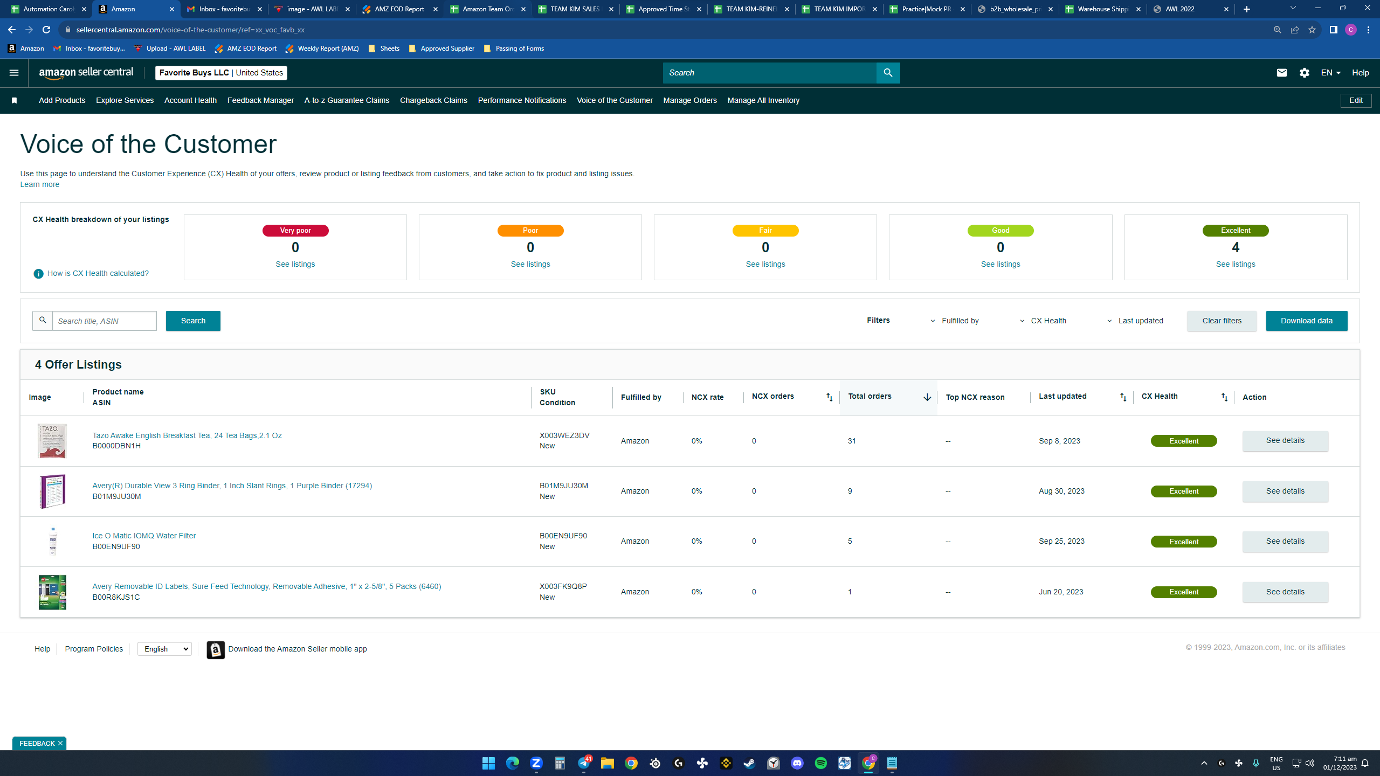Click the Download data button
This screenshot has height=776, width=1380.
[1306, 321]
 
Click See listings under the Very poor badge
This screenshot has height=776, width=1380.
[295, 264]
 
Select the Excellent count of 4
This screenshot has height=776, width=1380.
[1236, 247]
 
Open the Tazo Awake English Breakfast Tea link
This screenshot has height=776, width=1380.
[187, 435]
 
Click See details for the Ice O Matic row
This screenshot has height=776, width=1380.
[1285, 541]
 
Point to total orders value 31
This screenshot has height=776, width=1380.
[852, 441]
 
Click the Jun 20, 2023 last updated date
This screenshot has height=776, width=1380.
[1060, 592]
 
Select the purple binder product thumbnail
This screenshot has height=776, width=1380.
[52, 491]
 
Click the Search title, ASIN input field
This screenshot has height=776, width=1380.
[105, 321]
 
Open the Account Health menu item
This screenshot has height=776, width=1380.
[190, 100]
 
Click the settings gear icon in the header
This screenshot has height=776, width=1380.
[1304, 73]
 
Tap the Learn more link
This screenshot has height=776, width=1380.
[40, 184]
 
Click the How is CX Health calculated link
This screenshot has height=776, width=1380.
[98, 273]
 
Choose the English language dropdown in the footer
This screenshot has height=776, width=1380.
[164, 649]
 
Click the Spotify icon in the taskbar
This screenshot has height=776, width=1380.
[820, 763]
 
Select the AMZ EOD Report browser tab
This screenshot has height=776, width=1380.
[399, 9]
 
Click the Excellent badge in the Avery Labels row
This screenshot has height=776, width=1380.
[1184, 592]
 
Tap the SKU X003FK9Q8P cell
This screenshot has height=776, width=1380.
[563, 586]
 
